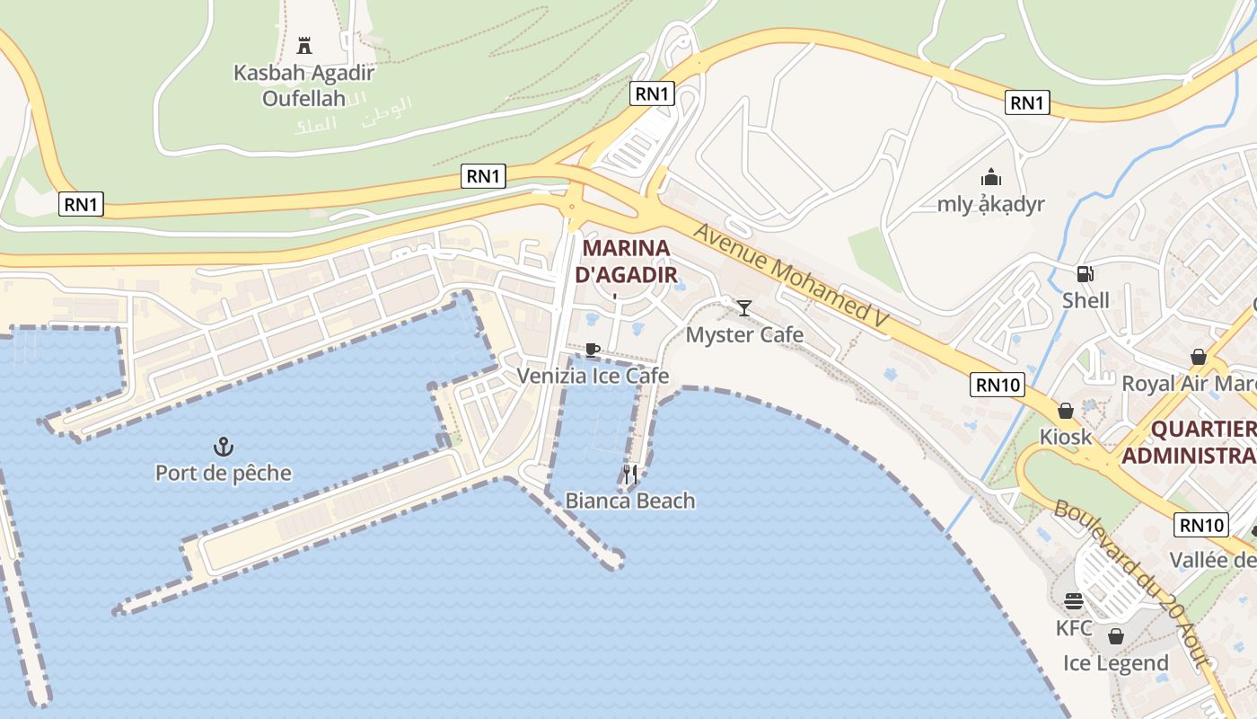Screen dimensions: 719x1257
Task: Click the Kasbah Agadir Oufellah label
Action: tap(303, 84)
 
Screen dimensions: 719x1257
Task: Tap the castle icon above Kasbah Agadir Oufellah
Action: tap(304, 45)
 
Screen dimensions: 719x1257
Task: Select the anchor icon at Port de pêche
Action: tap(223, 446)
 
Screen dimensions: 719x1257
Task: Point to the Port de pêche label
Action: tap(224, 473)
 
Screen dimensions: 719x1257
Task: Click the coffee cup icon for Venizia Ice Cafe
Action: tap(592, 350)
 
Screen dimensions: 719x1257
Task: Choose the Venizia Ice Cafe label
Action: tap(593, 376)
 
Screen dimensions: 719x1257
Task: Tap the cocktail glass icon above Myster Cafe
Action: tap(744, 308)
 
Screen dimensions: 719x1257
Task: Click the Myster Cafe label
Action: tap(744, 335)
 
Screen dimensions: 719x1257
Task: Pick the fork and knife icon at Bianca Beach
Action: tap(630, 474)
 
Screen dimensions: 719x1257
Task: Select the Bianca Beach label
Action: tap(630, 501)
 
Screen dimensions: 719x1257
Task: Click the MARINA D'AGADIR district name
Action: tap(627, 261)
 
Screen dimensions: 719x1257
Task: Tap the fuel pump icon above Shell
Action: tap(1086, 273)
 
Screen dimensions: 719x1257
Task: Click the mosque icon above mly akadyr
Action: tap(991, 177)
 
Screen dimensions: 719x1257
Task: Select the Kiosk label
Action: tap(1066, 437)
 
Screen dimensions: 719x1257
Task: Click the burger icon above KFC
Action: tap(1074, 601)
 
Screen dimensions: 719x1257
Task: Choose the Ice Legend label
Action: tap(1116, 663)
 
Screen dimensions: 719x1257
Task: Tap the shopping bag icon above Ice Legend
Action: tap(1116, 636)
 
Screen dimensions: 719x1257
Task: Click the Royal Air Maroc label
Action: tap(1188, 384)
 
